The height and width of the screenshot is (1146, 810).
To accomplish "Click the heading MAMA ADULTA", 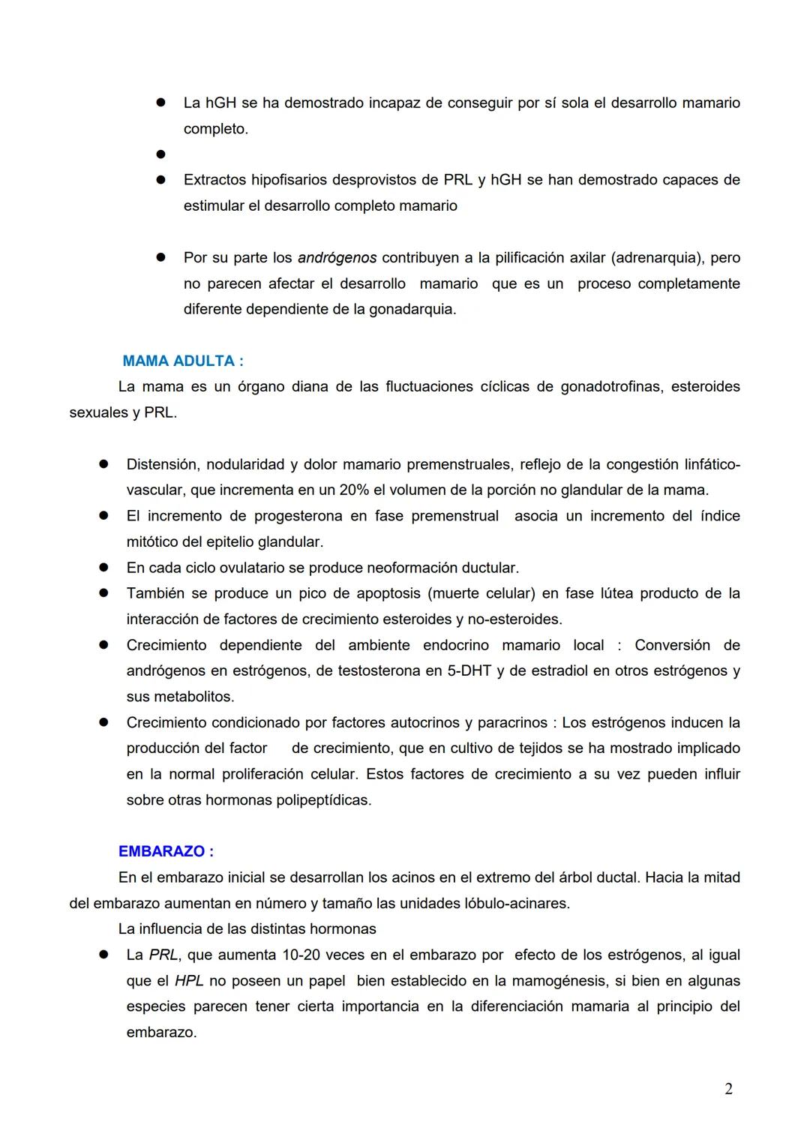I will coord(182,361).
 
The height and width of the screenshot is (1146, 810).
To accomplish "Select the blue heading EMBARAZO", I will coord(166,851).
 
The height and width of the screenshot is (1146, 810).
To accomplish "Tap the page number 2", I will coord(728,1089).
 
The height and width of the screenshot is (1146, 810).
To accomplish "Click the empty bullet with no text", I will coord(160,154).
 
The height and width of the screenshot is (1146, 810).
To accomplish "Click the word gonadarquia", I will coord(411,309).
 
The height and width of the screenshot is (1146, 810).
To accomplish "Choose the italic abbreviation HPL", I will coord(189,981).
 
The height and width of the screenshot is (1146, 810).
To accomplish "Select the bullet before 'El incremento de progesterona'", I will coord(103,516).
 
